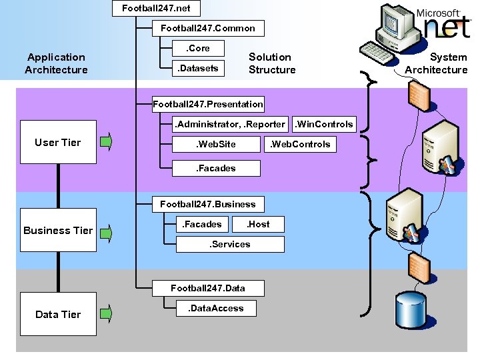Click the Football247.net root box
click(156, 8)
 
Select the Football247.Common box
click(208, 29)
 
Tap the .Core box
click(198, 49)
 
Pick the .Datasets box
click(198, 68)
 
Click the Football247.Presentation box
click(208, 105)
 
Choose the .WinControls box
click(324, 124)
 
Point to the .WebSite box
click(216, 144)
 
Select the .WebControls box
click(300, 144)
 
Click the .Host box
click(258, 225)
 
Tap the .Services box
click(230, 244)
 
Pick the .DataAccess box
click(216, 308)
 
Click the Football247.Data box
click(208, 289)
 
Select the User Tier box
click(58, 142)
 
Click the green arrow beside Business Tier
click(106, 233)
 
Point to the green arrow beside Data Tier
click(106, 313)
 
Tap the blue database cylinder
click(411, 310)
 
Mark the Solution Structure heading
click(272, 63)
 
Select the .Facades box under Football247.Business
click(202, 225)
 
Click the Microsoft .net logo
click(444, 24)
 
